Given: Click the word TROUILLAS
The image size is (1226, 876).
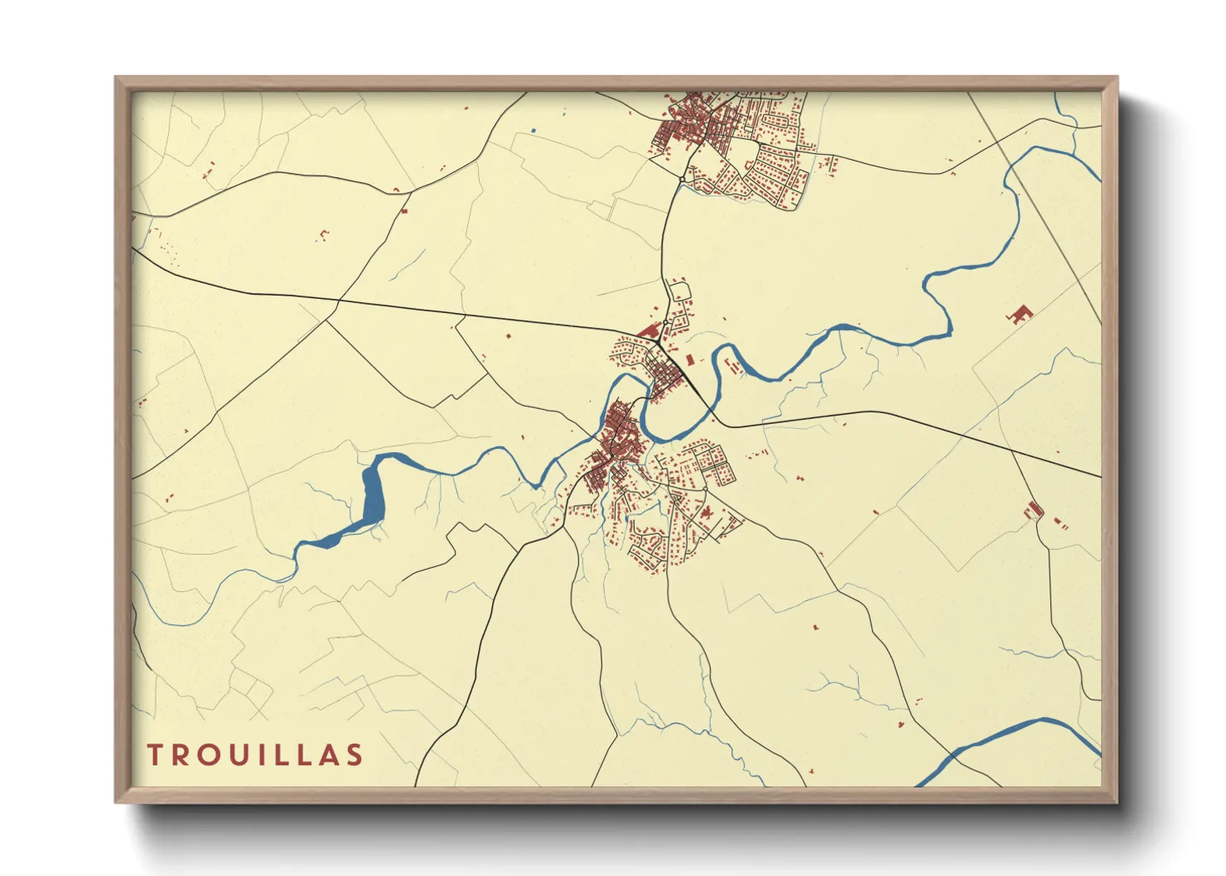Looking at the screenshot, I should (x=255, y=755).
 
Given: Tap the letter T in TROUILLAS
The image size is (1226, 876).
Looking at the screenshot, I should (x=155, y=755).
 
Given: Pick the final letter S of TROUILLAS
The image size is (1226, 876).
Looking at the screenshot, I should (x=355, y=755).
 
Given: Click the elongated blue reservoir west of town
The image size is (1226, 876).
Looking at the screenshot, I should (x=372, y=497).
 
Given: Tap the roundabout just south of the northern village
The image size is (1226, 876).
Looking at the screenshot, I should (x=681, y=179).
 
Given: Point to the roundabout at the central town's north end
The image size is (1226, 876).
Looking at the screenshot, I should (x=665, y=322).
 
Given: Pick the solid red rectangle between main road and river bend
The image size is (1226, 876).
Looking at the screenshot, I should (x=691, y=359).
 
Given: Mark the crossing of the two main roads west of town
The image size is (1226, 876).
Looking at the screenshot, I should (x=337, y=301).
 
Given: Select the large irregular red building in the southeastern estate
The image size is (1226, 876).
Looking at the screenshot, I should (x=706, y=513).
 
